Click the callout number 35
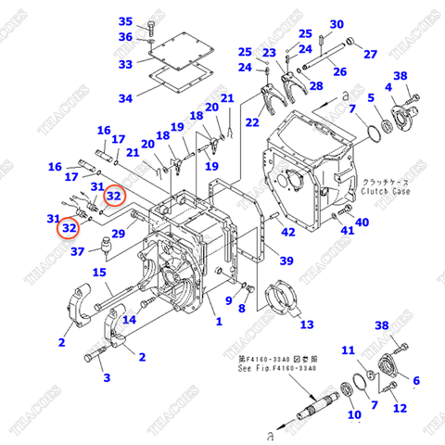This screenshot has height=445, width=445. (126, 21)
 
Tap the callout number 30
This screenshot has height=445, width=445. (336, 25)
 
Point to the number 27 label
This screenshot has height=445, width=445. (370, 54)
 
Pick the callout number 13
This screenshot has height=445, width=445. (306, 324)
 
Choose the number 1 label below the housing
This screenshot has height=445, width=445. (219, 322)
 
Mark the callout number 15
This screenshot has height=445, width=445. (99, 272)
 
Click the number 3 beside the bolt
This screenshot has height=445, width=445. (106, 377)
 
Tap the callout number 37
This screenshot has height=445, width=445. (78, 251)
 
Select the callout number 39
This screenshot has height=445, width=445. (286, 261)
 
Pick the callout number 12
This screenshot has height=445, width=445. (400, 408)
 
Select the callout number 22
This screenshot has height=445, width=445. (252, 122)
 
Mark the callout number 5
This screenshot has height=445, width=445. (371, 98)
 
